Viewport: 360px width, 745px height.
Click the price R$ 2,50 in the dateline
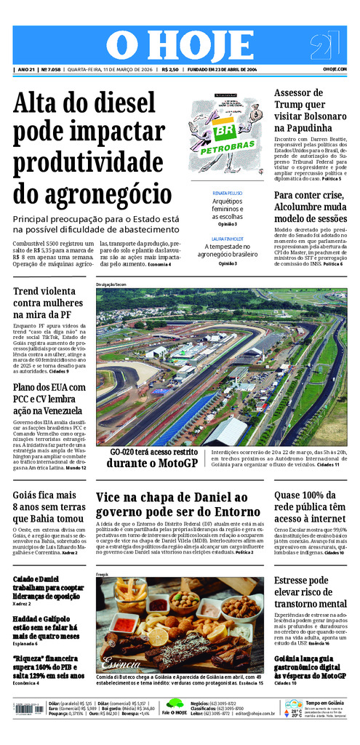pyautogui.click(x=169, y=70)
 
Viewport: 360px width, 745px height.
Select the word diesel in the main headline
pyautogui.click(x=118, y=104)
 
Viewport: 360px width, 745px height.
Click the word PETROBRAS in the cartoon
pyautogui.click(x=227, y=145)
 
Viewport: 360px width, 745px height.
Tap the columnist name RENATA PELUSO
pyautogui.click(x=228, y=194)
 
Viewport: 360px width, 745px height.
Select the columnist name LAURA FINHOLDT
pyautogui.click(x=228, y=239)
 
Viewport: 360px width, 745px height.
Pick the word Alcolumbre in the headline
pyautogui.click(x=305, y=206)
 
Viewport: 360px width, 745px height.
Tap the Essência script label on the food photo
pyautogui.click(x=117, y=663)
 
